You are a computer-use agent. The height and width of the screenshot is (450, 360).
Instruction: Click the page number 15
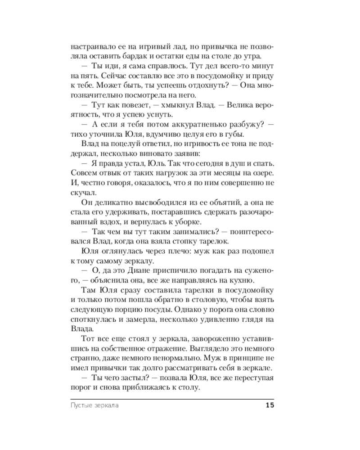click(x=270, y=405)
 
